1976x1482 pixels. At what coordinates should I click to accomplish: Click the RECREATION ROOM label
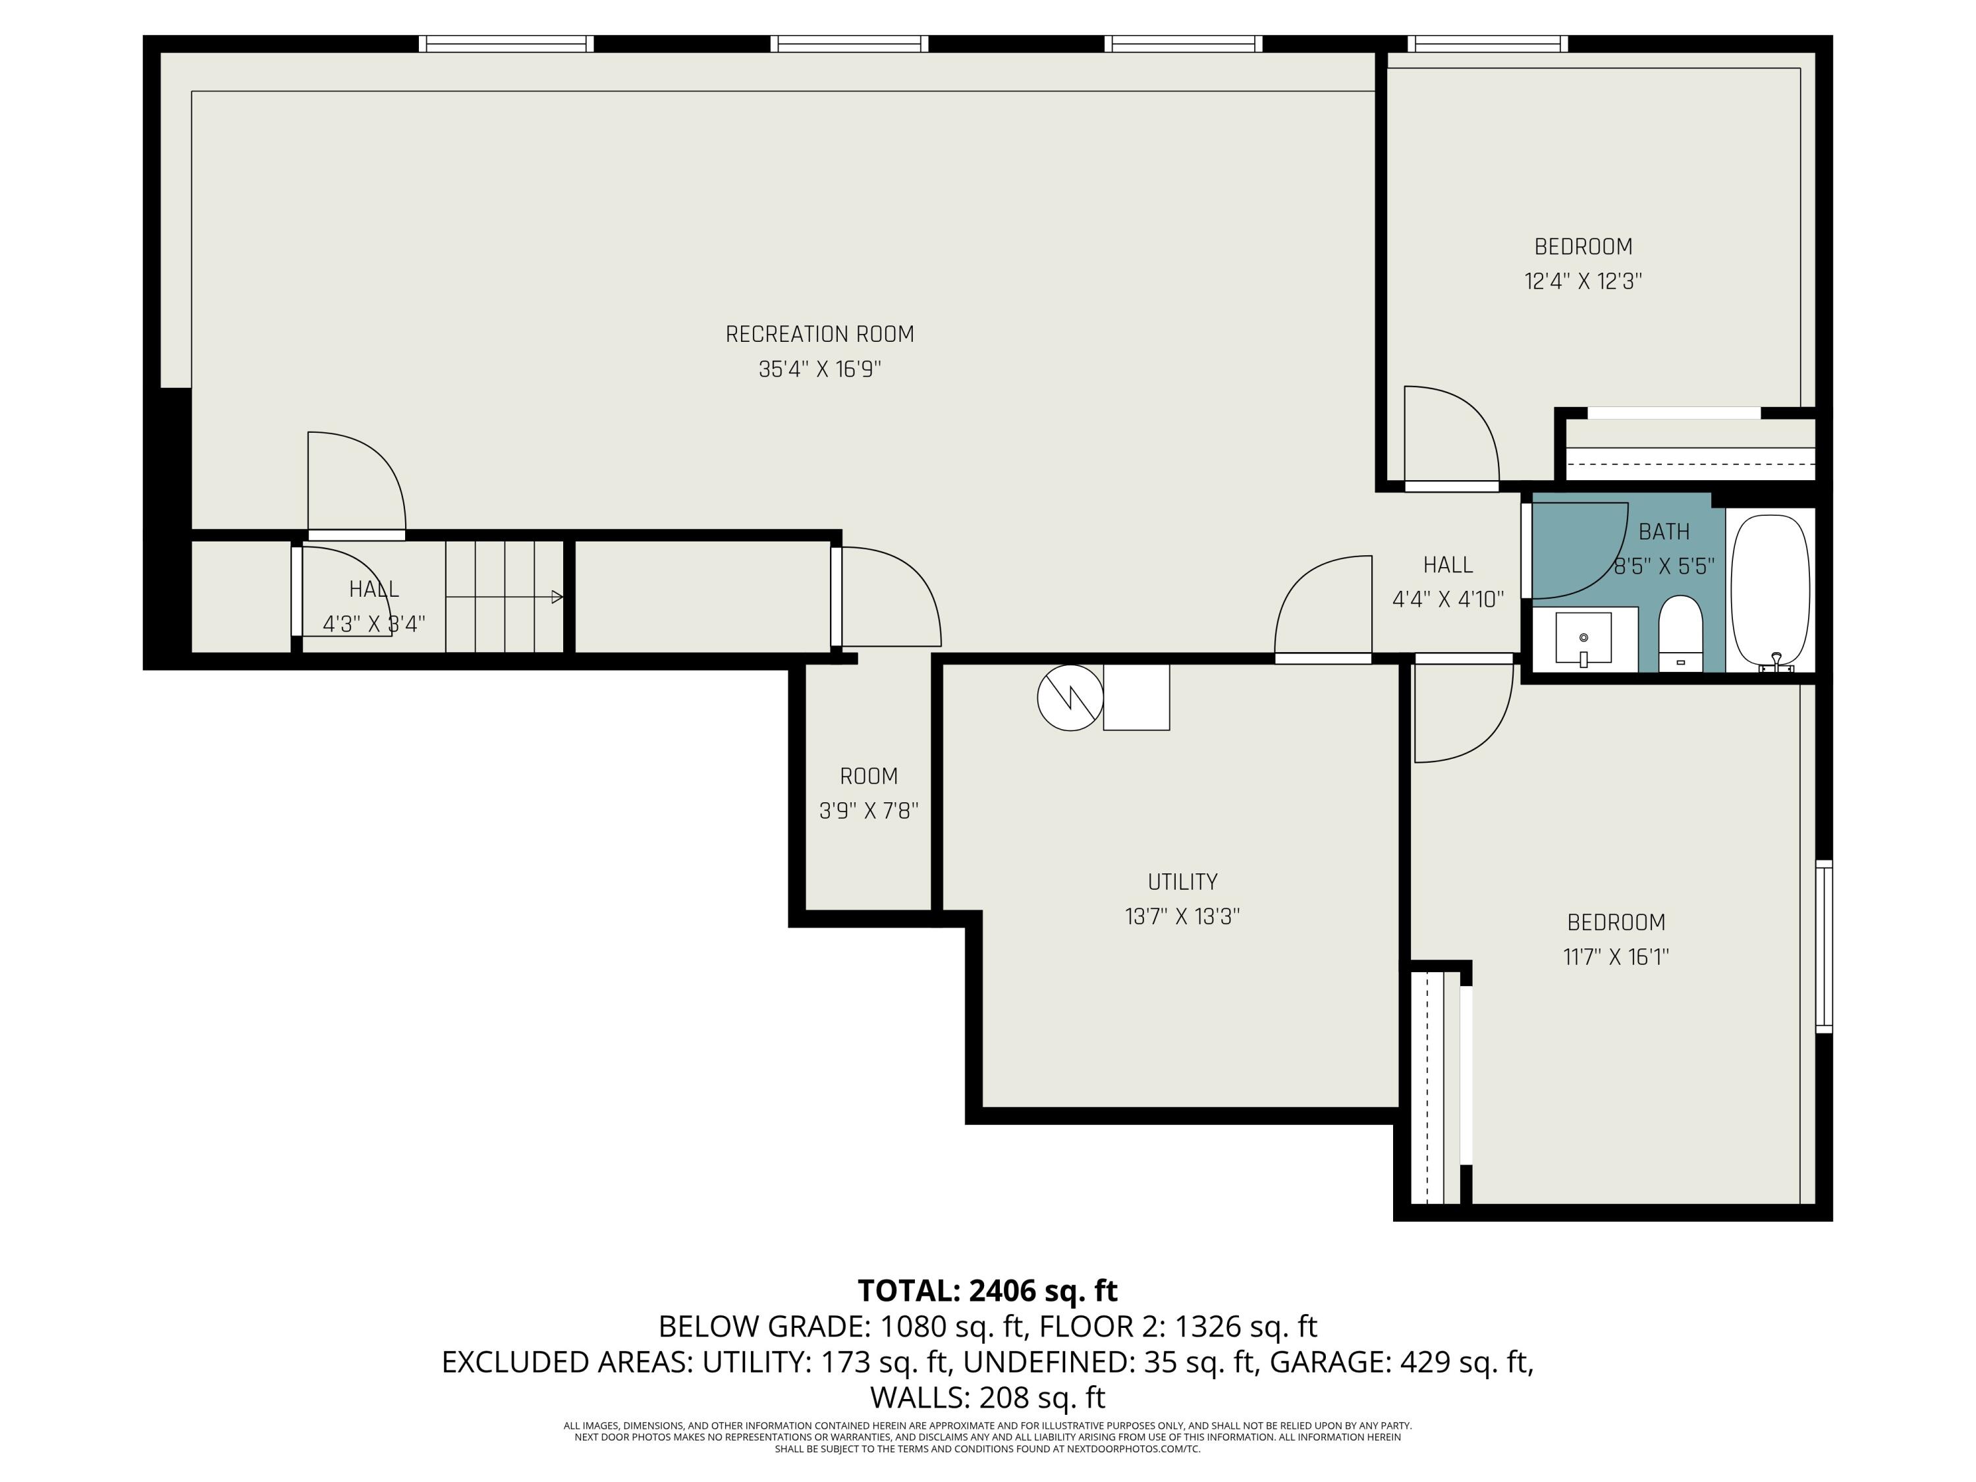coord(819,334)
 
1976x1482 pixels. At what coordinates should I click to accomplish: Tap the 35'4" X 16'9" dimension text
coord(819,369)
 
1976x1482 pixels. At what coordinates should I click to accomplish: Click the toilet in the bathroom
coord(1680,632)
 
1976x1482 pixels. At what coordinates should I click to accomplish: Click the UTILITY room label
coord(1182,882)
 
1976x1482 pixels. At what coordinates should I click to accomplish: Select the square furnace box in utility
coord(1136,697)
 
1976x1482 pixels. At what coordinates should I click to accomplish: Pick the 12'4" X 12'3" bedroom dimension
coord(1583,281)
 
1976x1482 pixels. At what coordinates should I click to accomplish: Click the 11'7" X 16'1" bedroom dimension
coord(1616,957)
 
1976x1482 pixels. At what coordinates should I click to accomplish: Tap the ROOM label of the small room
coord(868,777)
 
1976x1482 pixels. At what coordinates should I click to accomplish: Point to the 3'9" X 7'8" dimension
coord(868,811)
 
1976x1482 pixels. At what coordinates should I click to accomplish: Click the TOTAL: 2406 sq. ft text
coord(987,1291)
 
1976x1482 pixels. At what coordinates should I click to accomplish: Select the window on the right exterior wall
coord(1824,947)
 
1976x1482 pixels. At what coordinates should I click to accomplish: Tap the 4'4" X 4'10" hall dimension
coord(1448,599)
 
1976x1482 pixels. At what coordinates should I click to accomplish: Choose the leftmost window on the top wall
coord(507,43)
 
